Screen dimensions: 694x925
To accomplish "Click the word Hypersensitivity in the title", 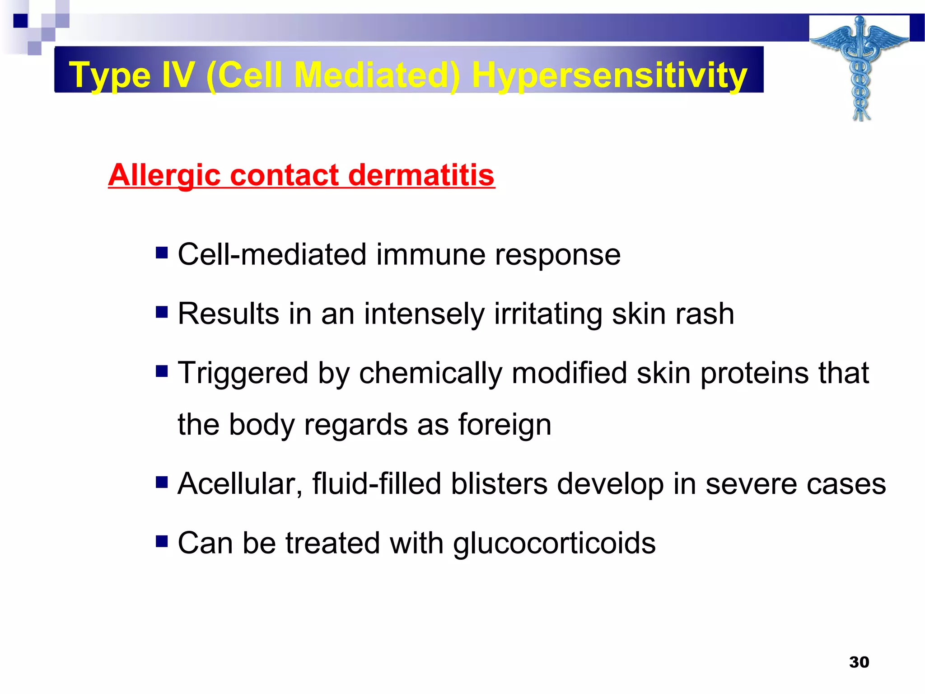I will click(x=609, y=75).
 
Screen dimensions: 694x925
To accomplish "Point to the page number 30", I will click(x=859, y=662).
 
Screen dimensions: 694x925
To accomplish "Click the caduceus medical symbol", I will click(x=860, y=68).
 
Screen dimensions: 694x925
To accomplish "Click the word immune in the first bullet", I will click(x=430, y=254).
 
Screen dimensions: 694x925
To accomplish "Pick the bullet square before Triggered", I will click(x=162, y=371).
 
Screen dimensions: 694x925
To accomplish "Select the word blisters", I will click(x=499, y=484).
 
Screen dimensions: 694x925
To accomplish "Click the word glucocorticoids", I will click(x=554, y=543).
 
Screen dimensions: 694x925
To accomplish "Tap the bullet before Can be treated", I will click(x=162, y=541).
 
